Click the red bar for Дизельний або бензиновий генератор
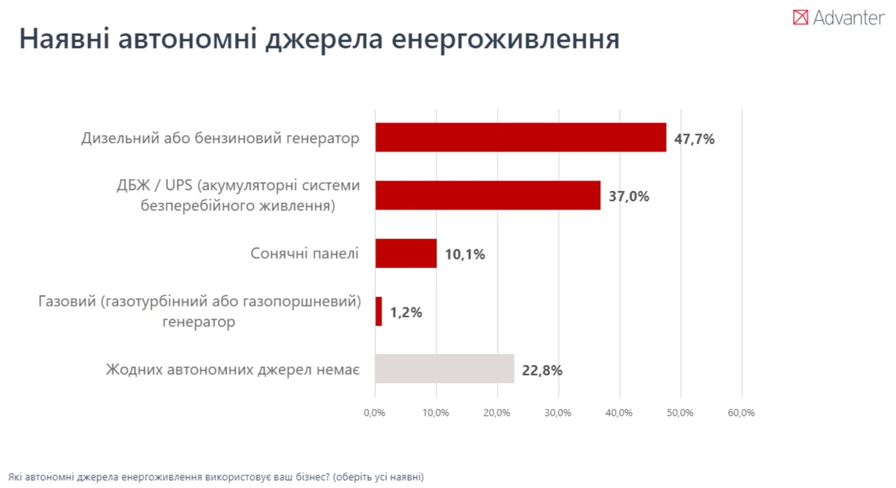[520, 137]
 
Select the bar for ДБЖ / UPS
[488, 195]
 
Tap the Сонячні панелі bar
[405, 253]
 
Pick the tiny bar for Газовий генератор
[379, 311]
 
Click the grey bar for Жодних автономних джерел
[444, 369]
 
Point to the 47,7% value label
[694, 139]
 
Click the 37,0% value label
[629, 197]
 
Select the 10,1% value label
[464, 254]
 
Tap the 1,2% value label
[405, 313]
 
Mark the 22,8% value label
[542, 370]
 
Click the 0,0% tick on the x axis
[374, 413]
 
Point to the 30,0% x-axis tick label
[558, 413]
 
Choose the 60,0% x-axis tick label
[741, 413]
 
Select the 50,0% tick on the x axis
[679, 413]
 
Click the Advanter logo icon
[800, 17]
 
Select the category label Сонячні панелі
[305, 254]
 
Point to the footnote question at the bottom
[216, 476]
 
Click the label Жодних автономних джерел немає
[232, 369]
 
